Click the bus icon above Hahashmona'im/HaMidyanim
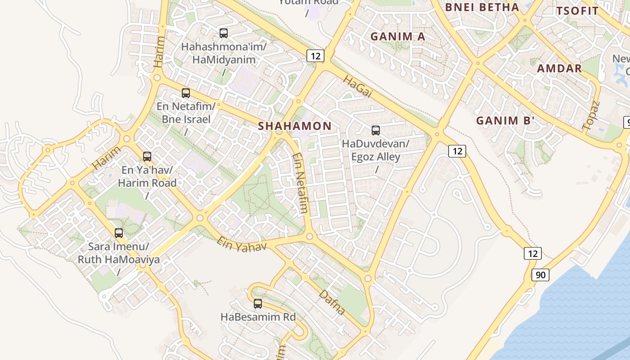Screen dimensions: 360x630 (224, 33)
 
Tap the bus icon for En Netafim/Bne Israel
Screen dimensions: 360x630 (186, 93)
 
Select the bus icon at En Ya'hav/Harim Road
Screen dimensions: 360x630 (147, 157)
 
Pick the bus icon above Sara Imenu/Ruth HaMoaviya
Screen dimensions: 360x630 (119, 233)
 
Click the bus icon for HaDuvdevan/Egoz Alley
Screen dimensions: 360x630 (376, 130)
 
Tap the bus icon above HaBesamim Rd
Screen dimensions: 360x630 (258, 304)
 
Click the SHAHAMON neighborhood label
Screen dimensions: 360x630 (295, 126)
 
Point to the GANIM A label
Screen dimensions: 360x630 (397, 36)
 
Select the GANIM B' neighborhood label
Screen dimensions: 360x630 (505, 121)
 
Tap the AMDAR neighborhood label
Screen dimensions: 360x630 (559, 68)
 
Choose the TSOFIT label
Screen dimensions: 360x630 (577, 11)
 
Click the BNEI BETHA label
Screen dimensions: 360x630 (481, 7)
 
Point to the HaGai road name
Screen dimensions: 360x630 (358, 86)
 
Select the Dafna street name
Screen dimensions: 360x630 (332, 302)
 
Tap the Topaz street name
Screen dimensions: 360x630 (591, 116)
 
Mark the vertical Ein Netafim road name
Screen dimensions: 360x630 (300, 183)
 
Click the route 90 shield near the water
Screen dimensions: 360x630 (540, 274)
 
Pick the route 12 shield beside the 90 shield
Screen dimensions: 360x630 (532, 253)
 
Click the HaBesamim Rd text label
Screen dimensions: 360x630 (258, 317)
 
